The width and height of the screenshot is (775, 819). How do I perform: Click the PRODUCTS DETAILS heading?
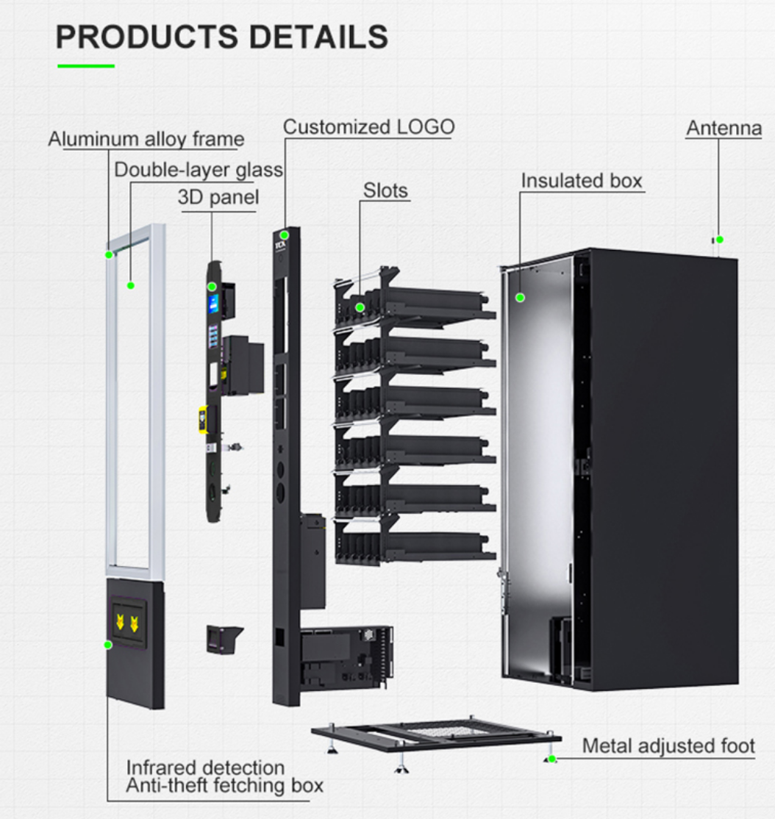222,37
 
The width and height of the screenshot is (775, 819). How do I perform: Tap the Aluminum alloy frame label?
146,138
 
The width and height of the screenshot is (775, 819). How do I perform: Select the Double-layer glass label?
199,170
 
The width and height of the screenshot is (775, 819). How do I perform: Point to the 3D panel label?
218,197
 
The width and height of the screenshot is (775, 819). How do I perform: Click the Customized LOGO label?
368,126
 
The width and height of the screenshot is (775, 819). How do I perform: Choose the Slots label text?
385,190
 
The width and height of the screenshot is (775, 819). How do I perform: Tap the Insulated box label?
582,180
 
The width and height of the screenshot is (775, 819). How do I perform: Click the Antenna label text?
724,128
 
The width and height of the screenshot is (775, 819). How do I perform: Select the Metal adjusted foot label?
668,745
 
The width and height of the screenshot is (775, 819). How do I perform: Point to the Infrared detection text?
205,768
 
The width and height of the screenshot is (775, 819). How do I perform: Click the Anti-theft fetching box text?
224,785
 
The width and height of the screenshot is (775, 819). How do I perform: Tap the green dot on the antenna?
720,240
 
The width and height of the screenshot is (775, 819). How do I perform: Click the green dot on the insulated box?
520,298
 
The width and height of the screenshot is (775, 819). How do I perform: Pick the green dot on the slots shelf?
360,307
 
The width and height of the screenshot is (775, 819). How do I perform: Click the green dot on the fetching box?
108,644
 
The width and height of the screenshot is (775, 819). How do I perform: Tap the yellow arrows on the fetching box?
126,623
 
